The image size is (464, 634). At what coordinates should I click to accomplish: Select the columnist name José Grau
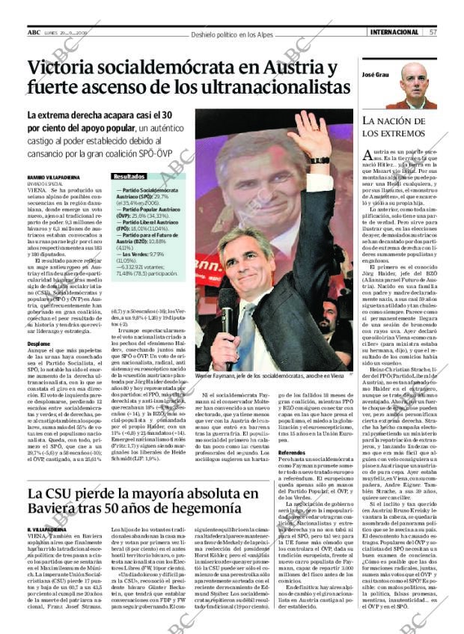[x=376, y=76]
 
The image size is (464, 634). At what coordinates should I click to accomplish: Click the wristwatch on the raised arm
[x=318, y=159]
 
